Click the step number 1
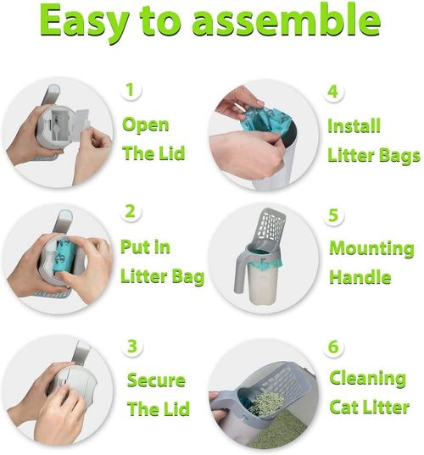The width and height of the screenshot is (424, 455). (130, 89)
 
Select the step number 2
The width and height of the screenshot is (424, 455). (130, 211)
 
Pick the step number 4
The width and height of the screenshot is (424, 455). (333, 90)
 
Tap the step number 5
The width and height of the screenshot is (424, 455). (333, 214)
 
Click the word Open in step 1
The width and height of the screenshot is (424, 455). (146, 125)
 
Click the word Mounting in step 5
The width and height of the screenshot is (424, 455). (371, 249)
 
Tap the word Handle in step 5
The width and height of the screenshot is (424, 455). (360, 277)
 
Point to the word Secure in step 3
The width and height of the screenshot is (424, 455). (156, 380)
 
